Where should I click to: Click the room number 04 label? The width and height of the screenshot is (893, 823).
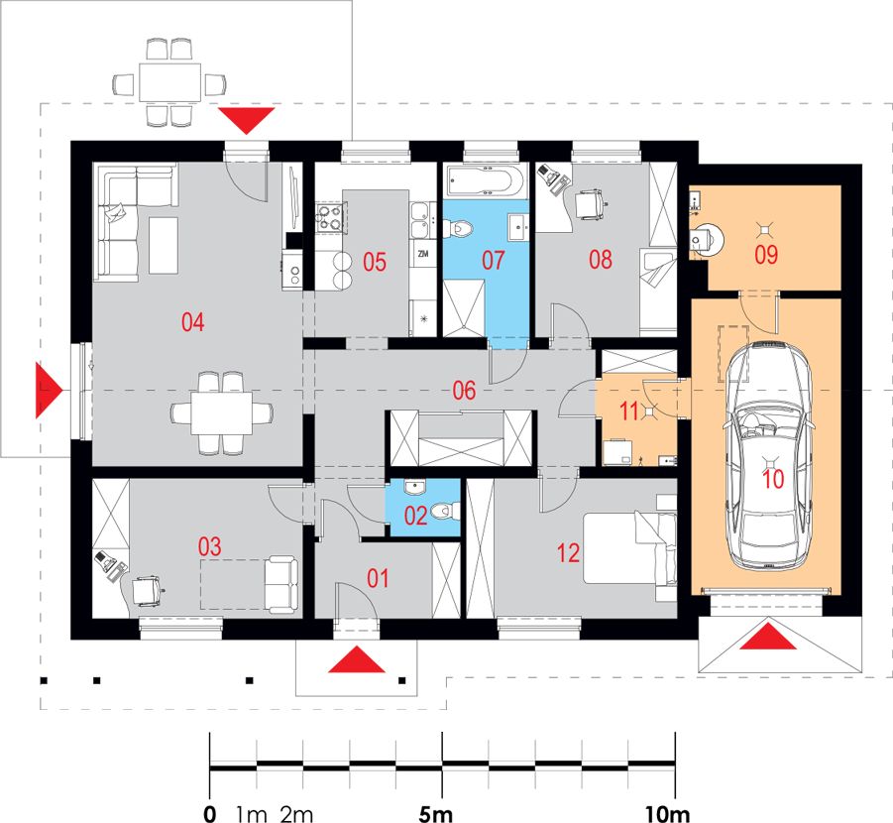coord(192,322)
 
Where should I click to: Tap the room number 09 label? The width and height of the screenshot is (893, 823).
coord(766,255)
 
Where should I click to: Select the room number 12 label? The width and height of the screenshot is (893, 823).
coord(568,553)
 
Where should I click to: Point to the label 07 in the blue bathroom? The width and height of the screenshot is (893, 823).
coord(494,261)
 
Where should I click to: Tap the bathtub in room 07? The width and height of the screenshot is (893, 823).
coord(487,181)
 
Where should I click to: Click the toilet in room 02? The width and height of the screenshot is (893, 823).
coord(445,511)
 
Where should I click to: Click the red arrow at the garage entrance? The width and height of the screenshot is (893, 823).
coord(768,637)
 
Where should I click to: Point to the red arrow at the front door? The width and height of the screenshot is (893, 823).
coord(357,659)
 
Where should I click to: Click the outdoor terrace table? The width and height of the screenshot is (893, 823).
coord(170,82)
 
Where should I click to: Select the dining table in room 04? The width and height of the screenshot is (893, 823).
coord(222,413)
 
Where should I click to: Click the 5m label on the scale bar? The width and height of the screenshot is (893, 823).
coord(436,814)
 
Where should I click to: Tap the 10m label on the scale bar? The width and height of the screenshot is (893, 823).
coord(667,814)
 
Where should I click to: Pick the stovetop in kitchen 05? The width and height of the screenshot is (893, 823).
coord(329,217)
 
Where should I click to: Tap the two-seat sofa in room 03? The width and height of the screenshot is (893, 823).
coord(280,585)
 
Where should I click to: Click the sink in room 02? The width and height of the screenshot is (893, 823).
coord(415,488)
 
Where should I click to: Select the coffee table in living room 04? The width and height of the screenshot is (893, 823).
coord(164,245)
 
